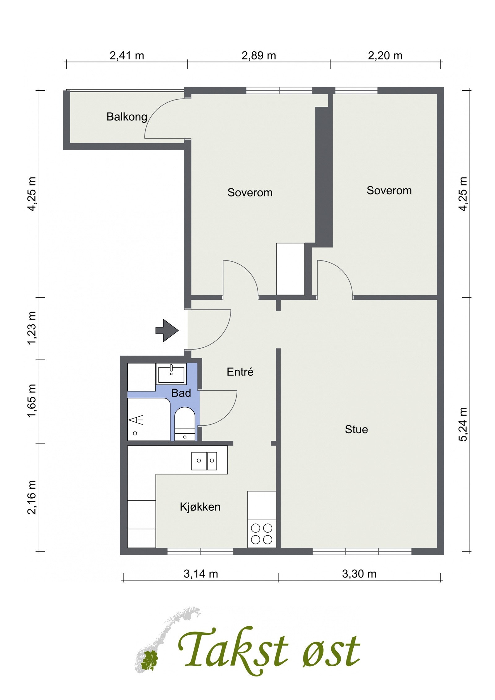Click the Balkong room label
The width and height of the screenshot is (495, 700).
point(127,117)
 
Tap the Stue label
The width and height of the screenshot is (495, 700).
point(356,429)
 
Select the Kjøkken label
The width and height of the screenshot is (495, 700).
point(200,507)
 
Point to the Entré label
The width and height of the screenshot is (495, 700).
point(240,371)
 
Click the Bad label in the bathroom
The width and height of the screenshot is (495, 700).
point(181,393)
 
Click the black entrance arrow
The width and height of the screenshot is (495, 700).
point(167,331)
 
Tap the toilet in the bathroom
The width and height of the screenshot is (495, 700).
point(185,424)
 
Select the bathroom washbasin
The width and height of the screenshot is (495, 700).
point(171,374)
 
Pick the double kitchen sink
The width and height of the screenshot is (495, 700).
point(204,461)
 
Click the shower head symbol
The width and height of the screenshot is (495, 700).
point(136,420)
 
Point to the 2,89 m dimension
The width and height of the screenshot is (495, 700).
point(259,56)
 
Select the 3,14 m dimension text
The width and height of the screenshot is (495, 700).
point(201,574)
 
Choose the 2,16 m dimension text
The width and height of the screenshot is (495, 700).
point(32,497)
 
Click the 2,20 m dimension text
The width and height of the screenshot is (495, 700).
point(385,56)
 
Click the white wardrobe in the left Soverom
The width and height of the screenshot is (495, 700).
point(290,269)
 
